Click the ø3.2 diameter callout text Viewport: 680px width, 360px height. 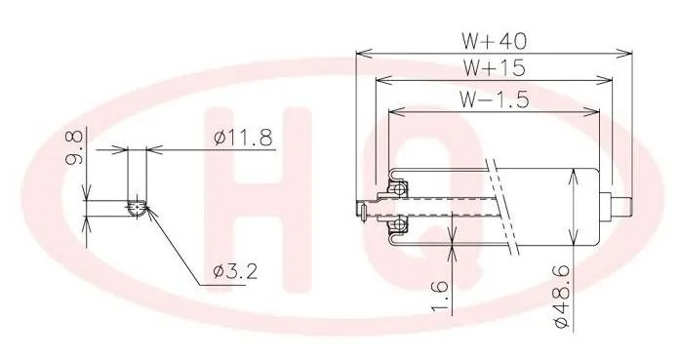[x=234, y=271]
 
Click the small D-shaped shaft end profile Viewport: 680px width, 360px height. [x=137, y=206]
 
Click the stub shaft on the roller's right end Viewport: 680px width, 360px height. [x=619, y=207]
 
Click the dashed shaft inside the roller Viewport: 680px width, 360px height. [x=459, y=207]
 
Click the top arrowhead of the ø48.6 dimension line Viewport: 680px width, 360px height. [x=576, y=176]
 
